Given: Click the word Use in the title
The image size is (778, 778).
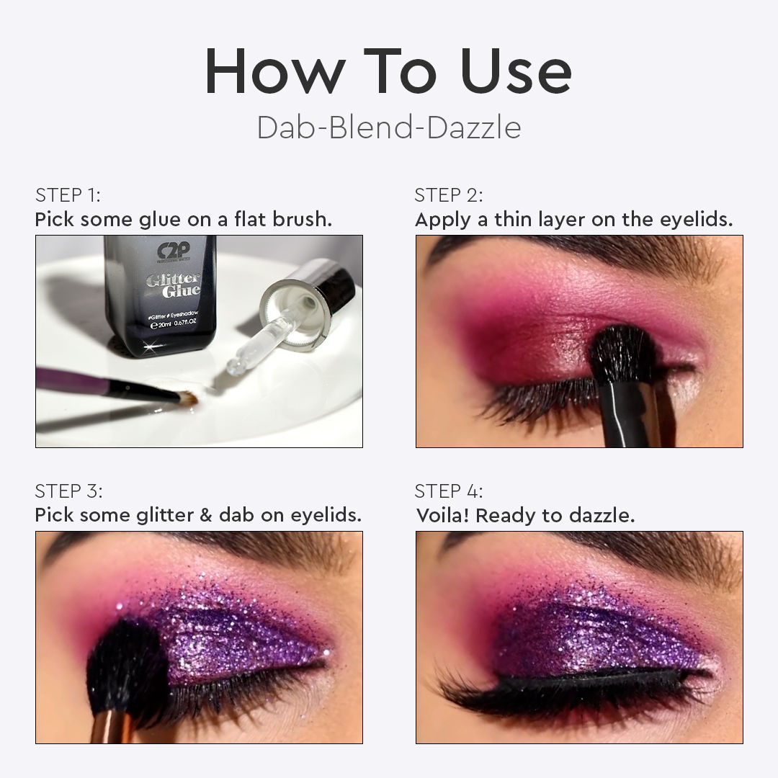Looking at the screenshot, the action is click(516, 71).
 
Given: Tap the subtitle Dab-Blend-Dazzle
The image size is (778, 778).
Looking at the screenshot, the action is click(389, 128).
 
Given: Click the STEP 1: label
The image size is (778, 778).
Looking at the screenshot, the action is click(68, 195).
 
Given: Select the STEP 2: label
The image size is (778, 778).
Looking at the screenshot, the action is click(449, 195).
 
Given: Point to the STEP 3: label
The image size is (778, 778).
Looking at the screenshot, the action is click(68, 491).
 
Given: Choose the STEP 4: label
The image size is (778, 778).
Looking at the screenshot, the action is click(449, 491).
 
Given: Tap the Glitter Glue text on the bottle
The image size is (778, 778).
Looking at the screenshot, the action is click(173, 285).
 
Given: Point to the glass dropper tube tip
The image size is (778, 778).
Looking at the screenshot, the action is click(234, 367).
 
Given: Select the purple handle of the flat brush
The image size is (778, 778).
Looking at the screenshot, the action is click(73, 381).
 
